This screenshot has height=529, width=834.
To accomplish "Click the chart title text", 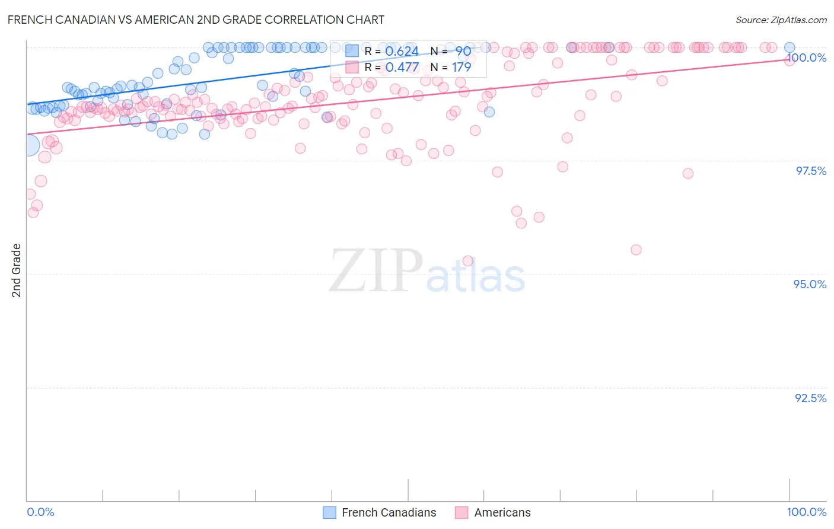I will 196,20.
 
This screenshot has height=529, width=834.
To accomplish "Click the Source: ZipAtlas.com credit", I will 781,20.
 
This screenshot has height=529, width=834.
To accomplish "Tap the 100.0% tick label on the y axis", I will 806,58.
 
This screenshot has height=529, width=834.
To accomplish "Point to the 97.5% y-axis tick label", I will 811,171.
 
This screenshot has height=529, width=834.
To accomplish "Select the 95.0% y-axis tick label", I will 810,284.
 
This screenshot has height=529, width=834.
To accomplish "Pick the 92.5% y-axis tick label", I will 810,398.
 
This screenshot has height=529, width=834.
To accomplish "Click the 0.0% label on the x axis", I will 40,512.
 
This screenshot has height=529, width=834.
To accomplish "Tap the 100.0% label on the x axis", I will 806,512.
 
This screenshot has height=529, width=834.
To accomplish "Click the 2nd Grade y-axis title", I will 17,270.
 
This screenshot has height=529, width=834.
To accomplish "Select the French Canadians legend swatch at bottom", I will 330,512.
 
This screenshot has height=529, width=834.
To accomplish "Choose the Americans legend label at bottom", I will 502,512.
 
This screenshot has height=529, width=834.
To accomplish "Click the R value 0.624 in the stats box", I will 402,52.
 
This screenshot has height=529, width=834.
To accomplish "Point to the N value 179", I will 461,68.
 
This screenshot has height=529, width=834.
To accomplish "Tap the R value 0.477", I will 402,68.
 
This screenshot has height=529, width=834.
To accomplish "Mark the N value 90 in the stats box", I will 463,52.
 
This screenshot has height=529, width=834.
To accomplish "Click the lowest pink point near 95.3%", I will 467,261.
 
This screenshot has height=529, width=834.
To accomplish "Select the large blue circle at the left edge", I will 28,145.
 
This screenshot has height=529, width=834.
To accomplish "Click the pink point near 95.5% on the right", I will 636,250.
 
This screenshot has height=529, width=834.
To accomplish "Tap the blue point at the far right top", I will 790,47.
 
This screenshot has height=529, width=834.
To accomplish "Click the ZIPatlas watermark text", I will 427,271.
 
